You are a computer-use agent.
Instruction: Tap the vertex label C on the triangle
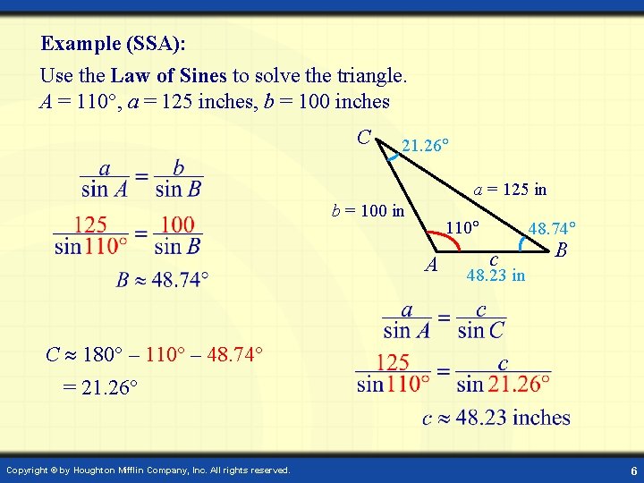click(364, 137)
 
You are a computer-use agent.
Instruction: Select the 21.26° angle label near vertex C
click(426, 145)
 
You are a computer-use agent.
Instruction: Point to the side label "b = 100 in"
click(369, 212)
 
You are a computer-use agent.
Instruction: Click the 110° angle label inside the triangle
click(464, 228)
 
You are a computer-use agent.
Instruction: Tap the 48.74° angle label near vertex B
click(552, 229)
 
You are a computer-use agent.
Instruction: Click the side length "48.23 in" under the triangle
click(496, 275)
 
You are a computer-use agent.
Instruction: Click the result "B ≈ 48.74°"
click(162, 280)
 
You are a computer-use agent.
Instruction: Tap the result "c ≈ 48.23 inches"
click(496, 418)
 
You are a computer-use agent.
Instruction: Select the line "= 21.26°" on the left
click(99, 388)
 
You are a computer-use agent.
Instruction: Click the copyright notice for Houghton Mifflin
click(148, 470)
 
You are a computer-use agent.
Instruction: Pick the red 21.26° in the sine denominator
click(519, 384)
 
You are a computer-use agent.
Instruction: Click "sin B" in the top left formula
click(178, 188)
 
